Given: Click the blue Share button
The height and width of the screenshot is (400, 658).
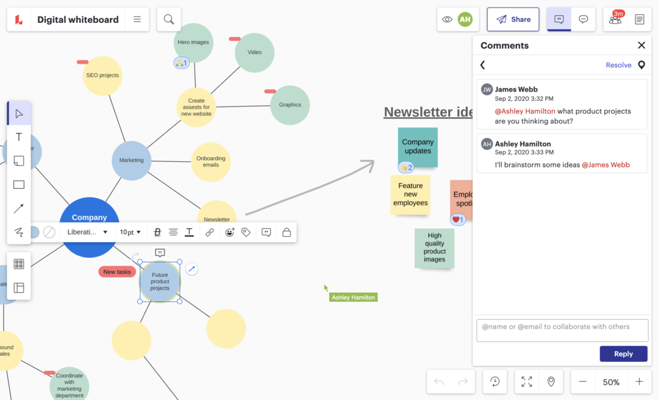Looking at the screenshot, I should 513,20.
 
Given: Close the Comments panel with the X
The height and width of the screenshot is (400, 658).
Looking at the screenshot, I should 642,45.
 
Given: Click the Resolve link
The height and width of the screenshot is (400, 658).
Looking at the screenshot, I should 619,65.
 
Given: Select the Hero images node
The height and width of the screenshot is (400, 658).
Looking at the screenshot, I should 193,42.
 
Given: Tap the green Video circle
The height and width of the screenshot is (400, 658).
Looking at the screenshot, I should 255,53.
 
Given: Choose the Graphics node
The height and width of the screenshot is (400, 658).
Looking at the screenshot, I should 290,105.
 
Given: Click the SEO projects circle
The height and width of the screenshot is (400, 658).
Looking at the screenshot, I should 103,76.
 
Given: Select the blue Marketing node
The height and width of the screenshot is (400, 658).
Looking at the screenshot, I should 132,160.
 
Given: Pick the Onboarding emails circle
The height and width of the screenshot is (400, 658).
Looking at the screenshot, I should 211,162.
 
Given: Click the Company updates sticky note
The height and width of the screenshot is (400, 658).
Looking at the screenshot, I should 418,145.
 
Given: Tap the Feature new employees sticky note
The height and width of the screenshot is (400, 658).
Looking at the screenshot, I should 411,194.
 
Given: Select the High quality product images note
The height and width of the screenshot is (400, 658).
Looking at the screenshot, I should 434,247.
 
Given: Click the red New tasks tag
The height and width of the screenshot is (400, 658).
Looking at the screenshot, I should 117,272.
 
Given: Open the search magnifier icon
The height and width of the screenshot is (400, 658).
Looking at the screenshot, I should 168,20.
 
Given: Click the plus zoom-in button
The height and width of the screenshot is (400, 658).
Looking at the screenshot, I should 639,382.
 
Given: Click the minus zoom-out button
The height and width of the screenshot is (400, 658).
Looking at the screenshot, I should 583,382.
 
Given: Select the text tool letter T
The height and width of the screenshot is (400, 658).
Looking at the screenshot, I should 18,137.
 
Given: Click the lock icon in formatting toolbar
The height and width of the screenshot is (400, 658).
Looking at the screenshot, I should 286,232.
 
